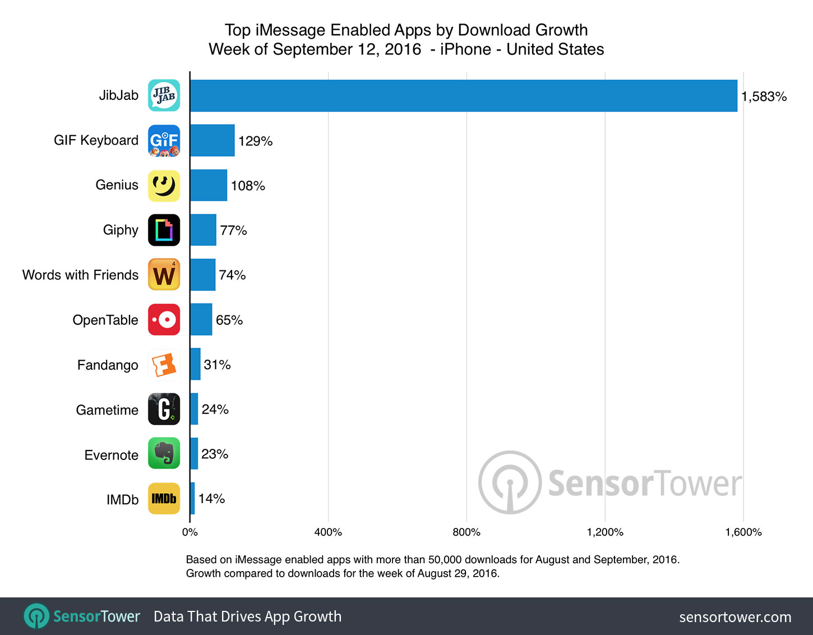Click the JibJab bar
tap(463, 95)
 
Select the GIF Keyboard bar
tap(212, 140)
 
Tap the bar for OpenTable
tap(201, 320)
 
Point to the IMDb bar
tap(192, 499)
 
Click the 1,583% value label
tap(764, 96)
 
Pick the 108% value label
tap(248, 186)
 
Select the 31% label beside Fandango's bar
tap(217, 365)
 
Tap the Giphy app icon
tap(164, 230)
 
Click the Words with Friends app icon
tap(164, 275)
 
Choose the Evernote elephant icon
tap(164, 454)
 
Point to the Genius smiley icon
tap(164, 186)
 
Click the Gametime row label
tap(107, 410)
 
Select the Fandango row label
tap(108, 365)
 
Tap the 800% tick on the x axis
tap(466, 532)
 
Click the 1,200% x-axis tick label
tap(605, 532)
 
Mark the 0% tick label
tap(190, 532)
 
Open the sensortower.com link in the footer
tap(735, 617)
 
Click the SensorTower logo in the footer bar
tap(82, 616)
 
